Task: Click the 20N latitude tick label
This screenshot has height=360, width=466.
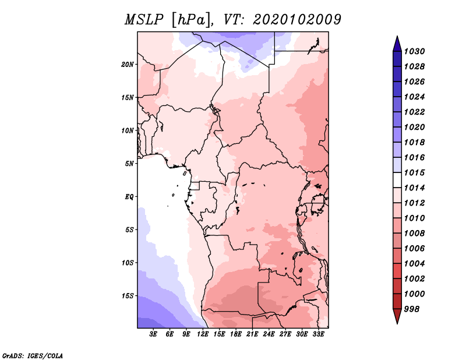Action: click(x=128, y=65)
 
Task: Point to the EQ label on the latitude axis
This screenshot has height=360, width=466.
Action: click(x=129, y=197)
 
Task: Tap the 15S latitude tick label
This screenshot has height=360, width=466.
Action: click(x=128, y=296)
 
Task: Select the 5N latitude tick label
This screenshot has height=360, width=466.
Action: click(x=129, y=164)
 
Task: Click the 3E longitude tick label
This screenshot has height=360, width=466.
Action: click(x=153, y=334)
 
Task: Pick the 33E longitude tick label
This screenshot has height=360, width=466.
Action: click(x=318, y=334)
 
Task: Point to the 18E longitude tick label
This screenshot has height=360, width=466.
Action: click(x=236, y=334)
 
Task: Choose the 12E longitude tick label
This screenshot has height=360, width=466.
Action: click(x=203, y=334)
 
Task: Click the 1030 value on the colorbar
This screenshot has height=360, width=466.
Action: click(x=414, y=51)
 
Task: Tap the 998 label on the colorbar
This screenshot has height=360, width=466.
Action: click(x=412, y=309)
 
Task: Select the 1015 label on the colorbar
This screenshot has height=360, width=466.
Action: click(x=414, y=172)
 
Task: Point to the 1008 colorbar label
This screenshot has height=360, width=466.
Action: click(x=414, y=234)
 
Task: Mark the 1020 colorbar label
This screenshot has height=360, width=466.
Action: click(x=414, y=127)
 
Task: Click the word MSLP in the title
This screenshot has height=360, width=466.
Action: click(x=144, y=20)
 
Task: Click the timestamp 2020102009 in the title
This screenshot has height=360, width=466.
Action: click(x=297, y=20)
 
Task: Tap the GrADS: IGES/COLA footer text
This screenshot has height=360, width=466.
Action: click(x=33, y=356)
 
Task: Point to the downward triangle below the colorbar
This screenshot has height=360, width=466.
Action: click(x=397, y=315)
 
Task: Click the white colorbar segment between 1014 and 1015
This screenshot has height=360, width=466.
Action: click(x=397, y=180)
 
